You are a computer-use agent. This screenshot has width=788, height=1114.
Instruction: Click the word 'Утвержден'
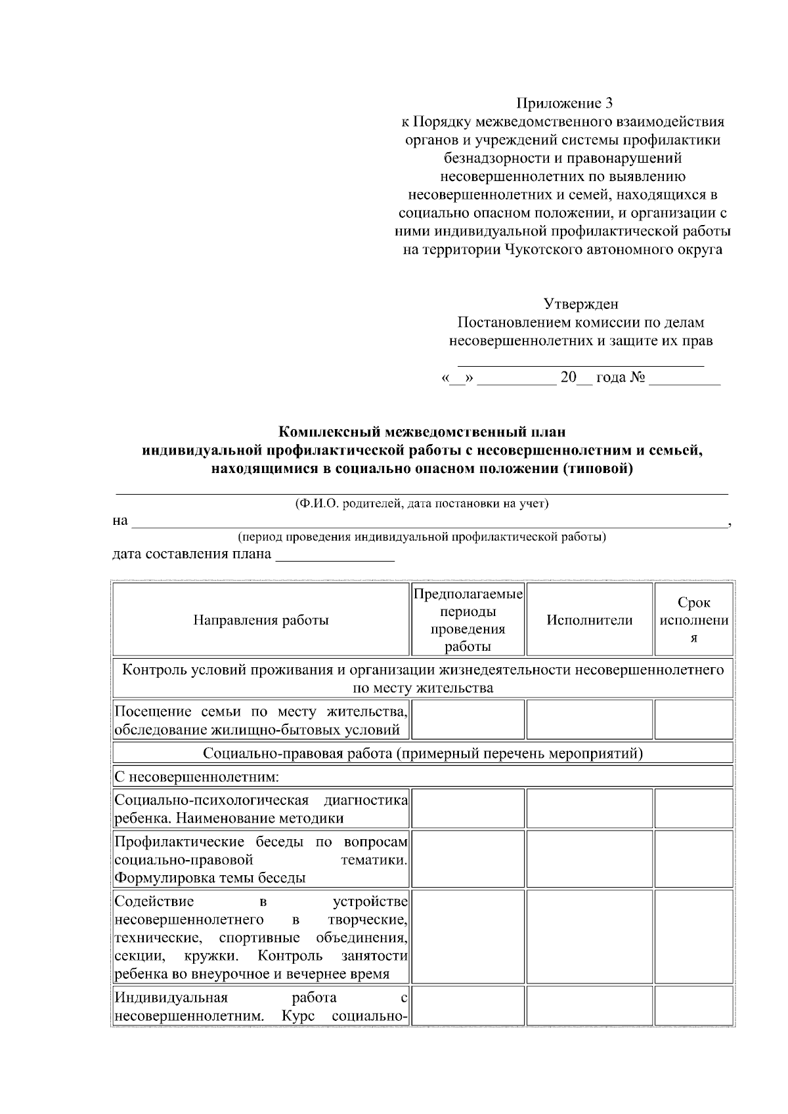point(580,304)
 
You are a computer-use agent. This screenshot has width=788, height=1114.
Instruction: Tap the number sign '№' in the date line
point(637,378)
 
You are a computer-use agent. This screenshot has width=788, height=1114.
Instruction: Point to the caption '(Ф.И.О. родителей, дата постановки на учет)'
point(422,504)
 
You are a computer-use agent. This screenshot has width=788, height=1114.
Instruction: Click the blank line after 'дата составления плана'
point(335,560)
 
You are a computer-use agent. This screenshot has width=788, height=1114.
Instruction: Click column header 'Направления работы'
point(261,620)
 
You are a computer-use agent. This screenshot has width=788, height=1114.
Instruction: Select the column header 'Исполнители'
point(589,620)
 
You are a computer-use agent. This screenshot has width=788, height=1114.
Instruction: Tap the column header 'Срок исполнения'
point(693,620)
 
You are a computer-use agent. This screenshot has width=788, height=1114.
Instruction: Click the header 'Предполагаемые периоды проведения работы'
point(468,620)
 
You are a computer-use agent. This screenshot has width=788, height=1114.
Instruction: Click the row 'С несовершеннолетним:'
point(197,777)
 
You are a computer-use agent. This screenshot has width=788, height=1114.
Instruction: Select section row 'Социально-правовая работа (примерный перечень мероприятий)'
point(422,753)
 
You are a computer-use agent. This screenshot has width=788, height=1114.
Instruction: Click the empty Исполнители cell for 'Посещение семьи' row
point(589,720)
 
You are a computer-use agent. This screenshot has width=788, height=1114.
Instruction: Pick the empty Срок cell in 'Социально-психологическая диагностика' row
point(693,808)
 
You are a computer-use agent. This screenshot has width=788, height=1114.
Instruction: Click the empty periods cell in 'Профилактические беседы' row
point(468,859)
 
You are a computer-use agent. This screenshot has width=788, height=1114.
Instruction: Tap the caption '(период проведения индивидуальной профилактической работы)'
point(422,537)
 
